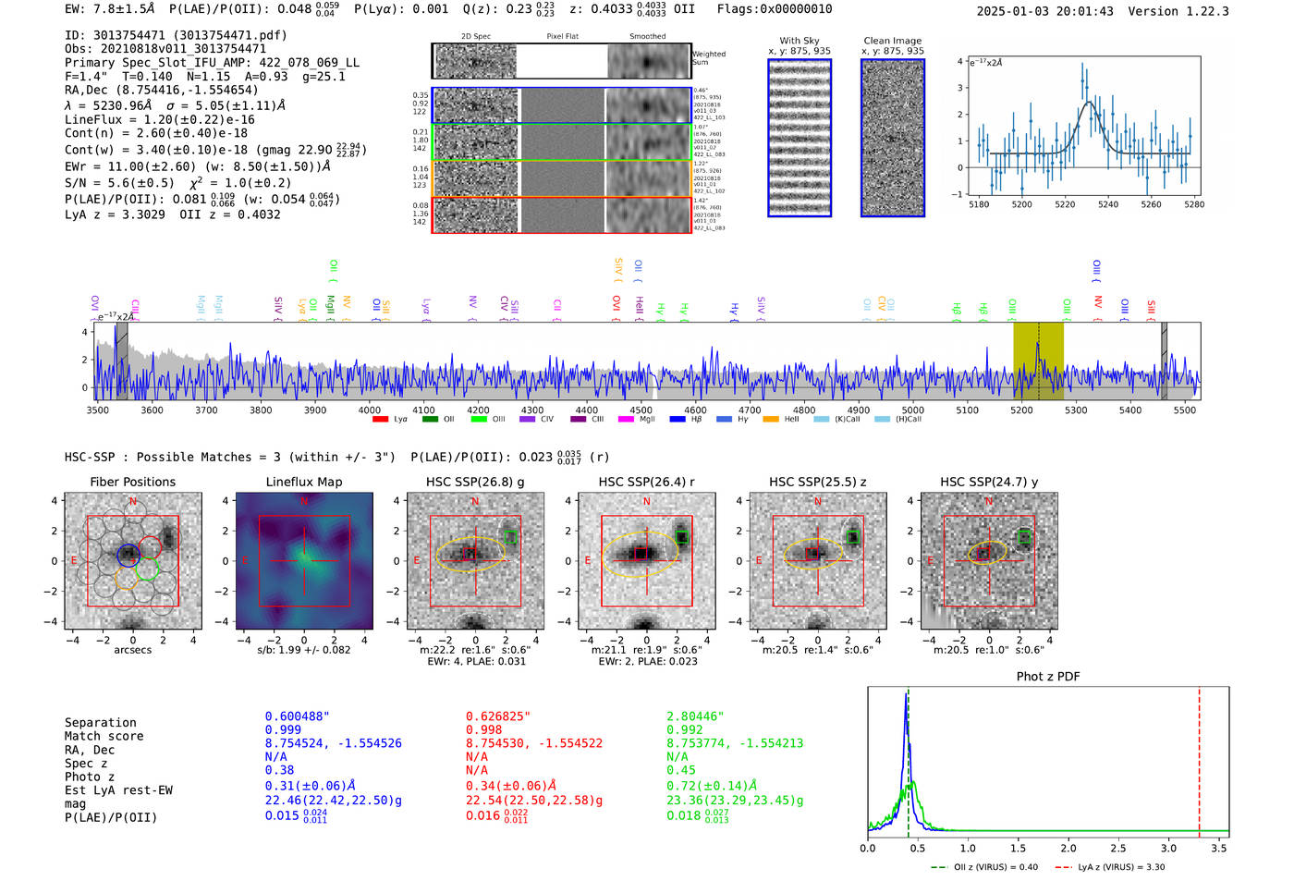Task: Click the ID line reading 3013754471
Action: click(x=176, y=35)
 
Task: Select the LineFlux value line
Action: click(x=159, y=119)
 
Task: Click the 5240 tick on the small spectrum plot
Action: click(x=1108, y=204)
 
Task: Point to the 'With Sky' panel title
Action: click(x=800, y=41)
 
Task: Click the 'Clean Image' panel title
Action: click(x=892, y=41)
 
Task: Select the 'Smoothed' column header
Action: click(x=647, y=37)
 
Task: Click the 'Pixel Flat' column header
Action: click(x=562, y=37)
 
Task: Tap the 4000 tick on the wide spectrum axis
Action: click(x=370, y=410)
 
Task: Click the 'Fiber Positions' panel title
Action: click(x=132, y=482)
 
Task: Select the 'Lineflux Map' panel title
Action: click(x=304, y=482)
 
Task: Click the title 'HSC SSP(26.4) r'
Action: click(x=646, y=482)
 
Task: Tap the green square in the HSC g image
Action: click(x=510, y=537)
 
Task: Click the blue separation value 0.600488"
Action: click(x=297, y=716)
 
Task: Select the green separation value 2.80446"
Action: click(x=695, y=716)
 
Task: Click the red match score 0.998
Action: click(x=484, y=730)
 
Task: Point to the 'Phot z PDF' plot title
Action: click(x=1048, y=677)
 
